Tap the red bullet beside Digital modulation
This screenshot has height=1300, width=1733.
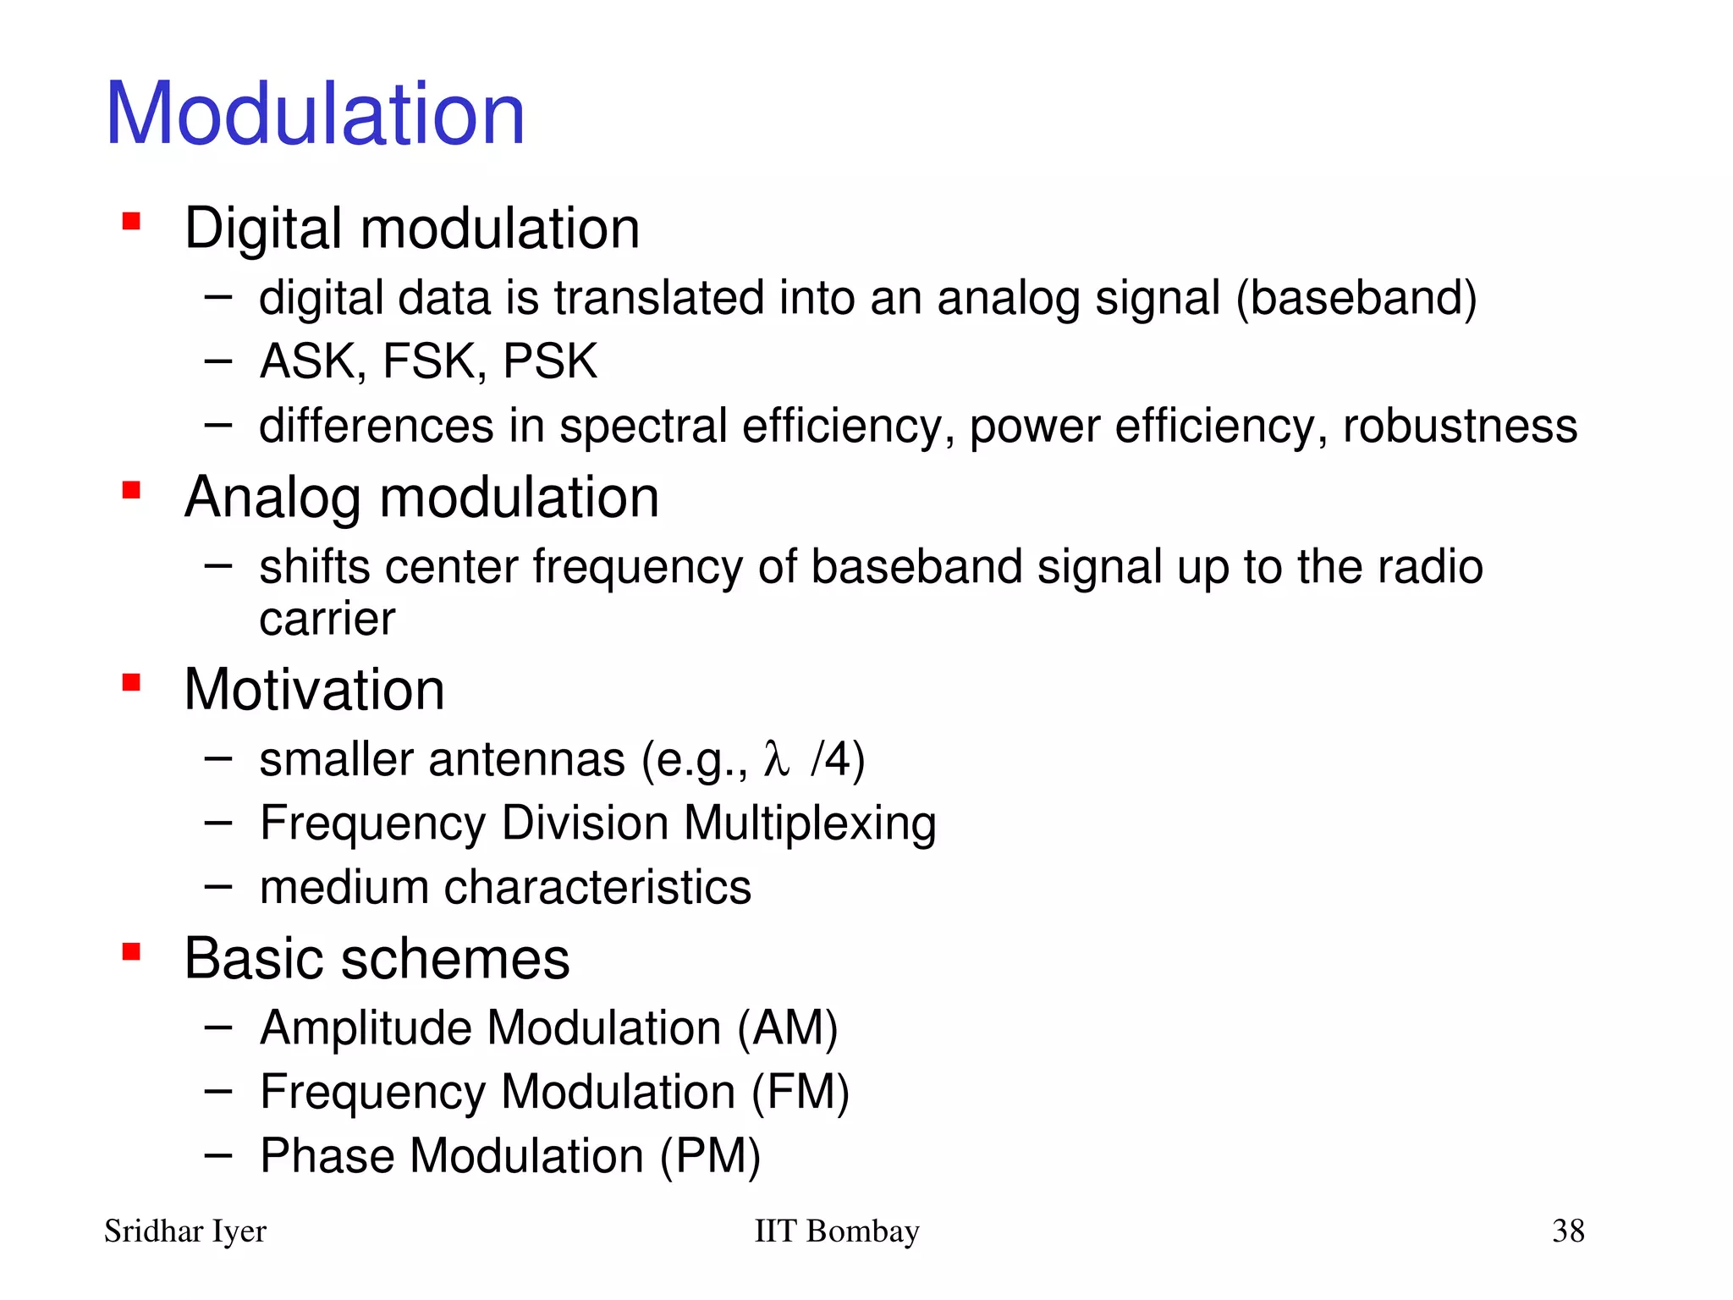tap(131, 222)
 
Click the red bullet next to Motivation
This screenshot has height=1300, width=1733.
tap(131, 682)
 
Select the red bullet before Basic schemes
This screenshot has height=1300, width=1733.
tap(131, 952)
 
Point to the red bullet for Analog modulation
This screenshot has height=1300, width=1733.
tap(131, 490)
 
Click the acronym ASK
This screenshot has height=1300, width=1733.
tap(311, 361)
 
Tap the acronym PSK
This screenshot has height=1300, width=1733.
tap(550, 361)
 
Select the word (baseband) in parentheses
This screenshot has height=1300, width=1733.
tap(1356, 298)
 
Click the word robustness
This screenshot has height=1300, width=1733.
tap(1460, 426)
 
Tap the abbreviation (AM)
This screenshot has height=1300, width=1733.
tap(787, 1028)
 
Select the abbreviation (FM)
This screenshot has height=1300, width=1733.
tap(800, 1092)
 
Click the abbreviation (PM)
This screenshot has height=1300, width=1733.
tap(710, 1156)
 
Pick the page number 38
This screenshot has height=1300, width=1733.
tap(1568, 1231)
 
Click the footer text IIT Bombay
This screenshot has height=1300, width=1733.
tap(836, 1231)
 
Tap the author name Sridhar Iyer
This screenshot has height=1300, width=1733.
tap(184, 1231)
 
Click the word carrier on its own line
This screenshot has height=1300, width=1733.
tap(327, 620)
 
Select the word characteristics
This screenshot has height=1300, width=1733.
tap(597, 888)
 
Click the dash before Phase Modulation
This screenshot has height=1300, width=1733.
tap(217, 1155)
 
